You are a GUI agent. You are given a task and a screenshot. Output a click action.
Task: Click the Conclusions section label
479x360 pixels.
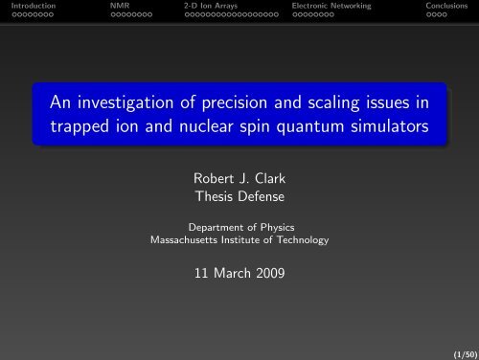point(448,6)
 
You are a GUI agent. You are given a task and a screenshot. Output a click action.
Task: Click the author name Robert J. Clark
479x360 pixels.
point(239,176)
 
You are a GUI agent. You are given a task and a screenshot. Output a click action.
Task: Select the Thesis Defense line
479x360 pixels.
point(239,194)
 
